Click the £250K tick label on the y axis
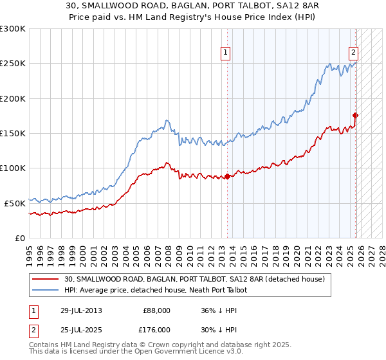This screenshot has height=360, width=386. tap(13, 64)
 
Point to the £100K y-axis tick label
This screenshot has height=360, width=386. tap(13, 168)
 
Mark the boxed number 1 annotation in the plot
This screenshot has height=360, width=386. tap(226, 53)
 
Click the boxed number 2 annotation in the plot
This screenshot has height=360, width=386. tap(354, 53)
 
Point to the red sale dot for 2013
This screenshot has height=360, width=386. tap(227, 177)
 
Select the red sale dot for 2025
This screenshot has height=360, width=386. tap(356, 116)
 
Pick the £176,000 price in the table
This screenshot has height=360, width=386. tap(157, 330)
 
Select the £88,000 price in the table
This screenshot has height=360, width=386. tap(157, 310)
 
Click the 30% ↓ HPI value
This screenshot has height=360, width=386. tap(218, 330)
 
